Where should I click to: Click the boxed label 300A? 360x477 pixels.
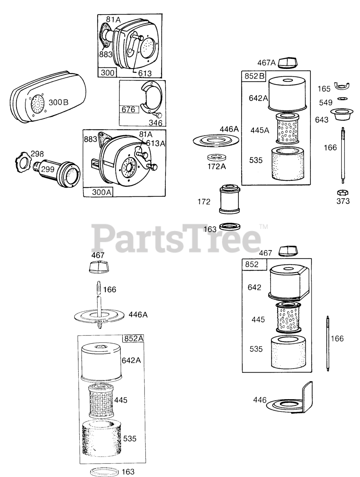click(x=98, y=192)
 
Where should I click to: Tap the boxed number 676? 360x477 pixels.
click(x=129, y=110)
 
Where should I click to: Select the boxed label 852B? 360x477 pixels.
click(x=255, y=76)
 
